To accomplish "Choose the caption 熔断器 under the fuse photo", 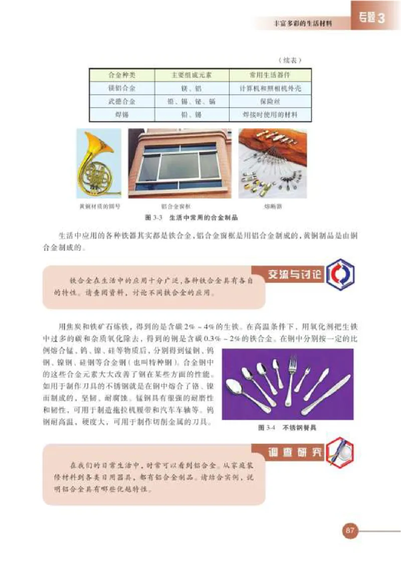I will (271, 206).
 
